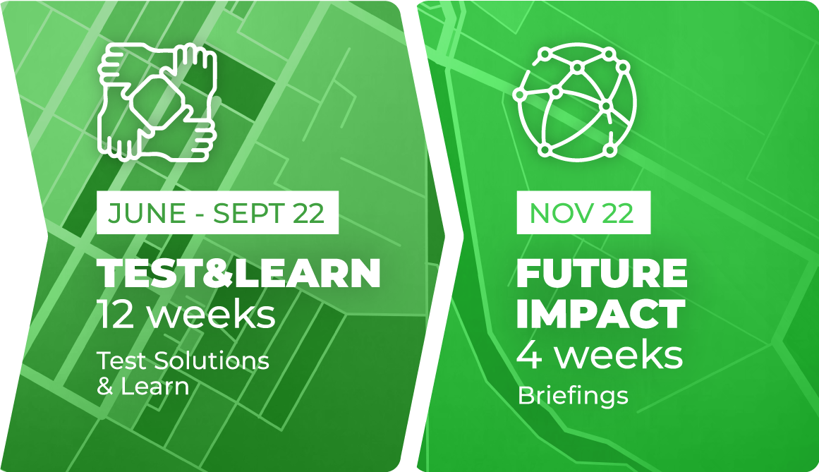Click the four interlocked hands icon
157,102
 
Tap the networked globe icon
574,102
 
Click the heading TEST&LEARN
238,273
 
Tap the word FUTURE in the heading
602,273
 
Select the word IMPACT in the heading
600,313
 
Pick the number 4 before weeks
529,355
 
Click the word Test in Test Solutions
123,361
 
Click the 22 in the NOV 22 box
618,213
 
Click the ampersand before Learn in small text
106,387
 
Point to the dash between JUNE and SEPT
200,215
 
